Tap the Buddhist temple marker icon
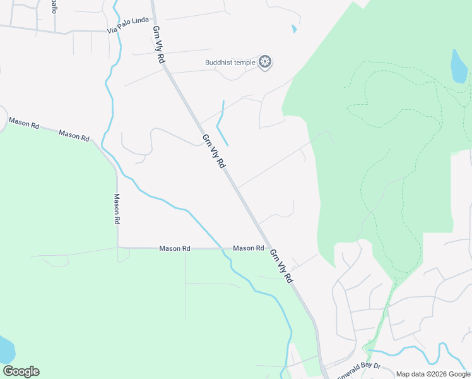(266, 62)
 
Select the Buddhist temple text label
(230, 62)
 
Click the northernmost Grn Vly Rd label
(158, 44)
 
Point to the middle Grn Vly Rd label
(214, 151)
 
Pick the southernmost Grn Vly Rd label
(282, 265)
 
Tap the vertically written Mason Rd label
(117, 209)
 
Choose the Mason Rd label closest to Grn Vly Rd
(248, 248)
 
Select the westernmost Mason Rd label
(23, 123)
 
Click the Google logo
(21, 371)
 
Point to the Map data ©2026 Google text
(433, 374)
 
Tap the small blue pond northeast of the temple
(294, 28)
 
